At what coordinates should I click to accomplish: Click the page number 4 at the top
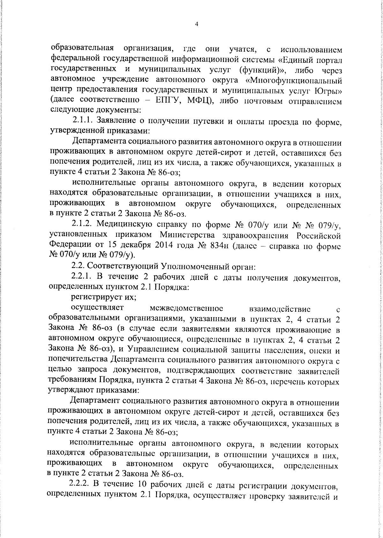click(197, 24)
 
